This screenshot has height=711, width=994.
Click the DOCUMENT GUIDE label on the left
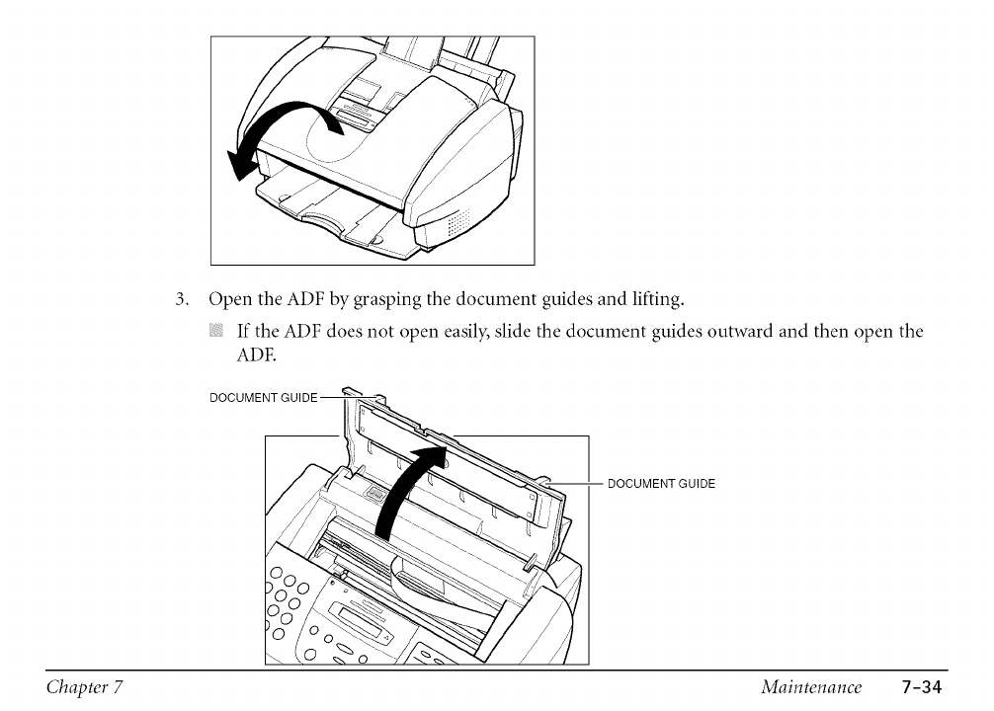(264, 397)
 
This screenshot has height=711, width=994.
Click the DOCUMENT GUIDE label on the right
(660, 484)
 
